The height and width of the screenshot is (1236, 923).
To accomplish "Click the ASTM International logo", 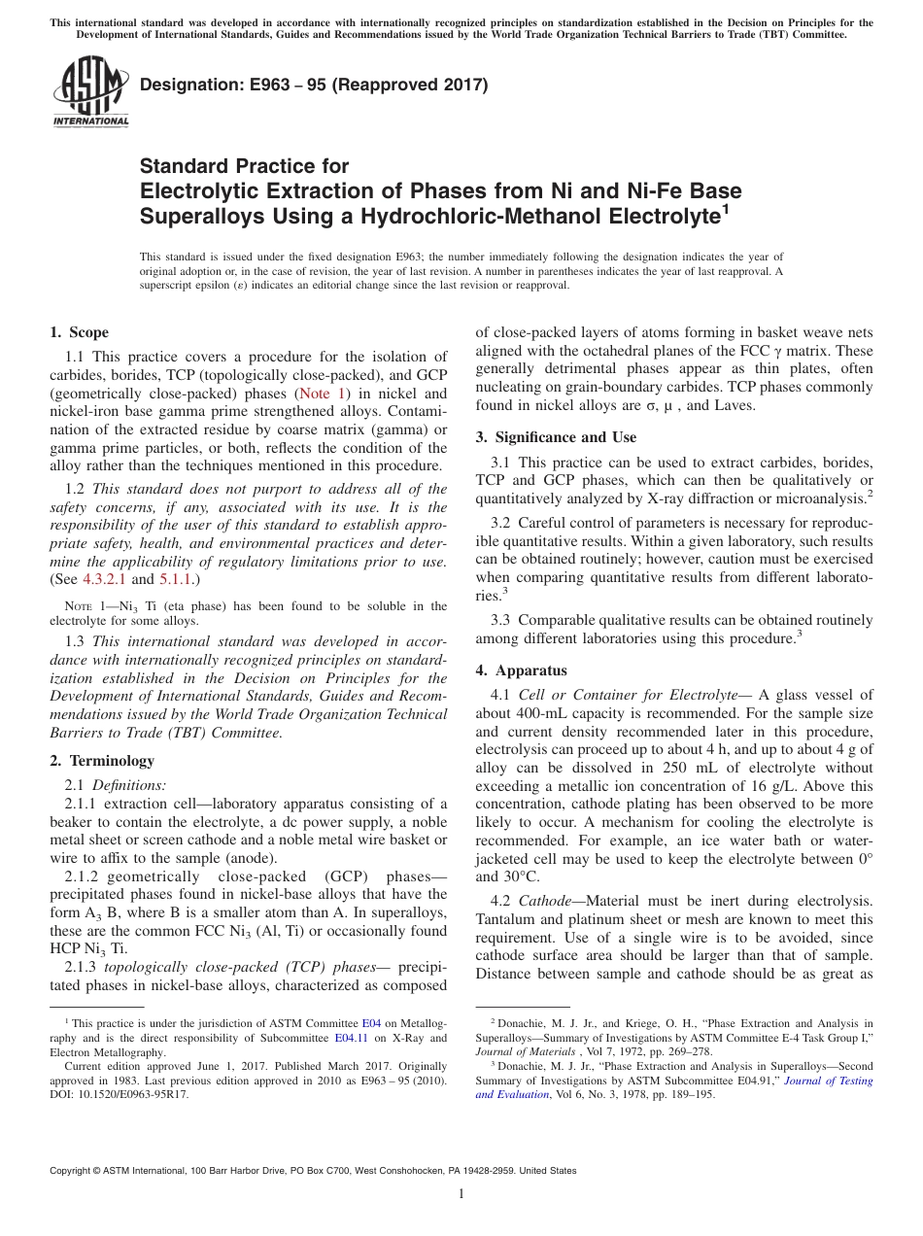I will point(89,92).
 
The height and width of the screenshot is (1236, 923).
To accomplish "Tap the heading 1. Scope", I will point(79,332).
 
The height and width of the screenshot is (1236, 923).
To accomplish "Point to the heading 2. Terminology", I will point(101,761).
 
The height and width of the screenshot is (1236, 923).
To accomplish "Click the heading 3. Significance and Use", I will point(556,437).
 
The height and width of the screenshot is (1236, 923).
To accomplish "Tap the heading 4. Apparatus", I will point(521,670).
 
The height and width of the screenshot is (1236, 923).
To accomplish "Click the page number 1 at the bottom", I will point(461,1194).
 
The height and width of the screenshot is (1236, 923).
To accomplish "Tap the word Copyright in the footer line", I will point(74,1171).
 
